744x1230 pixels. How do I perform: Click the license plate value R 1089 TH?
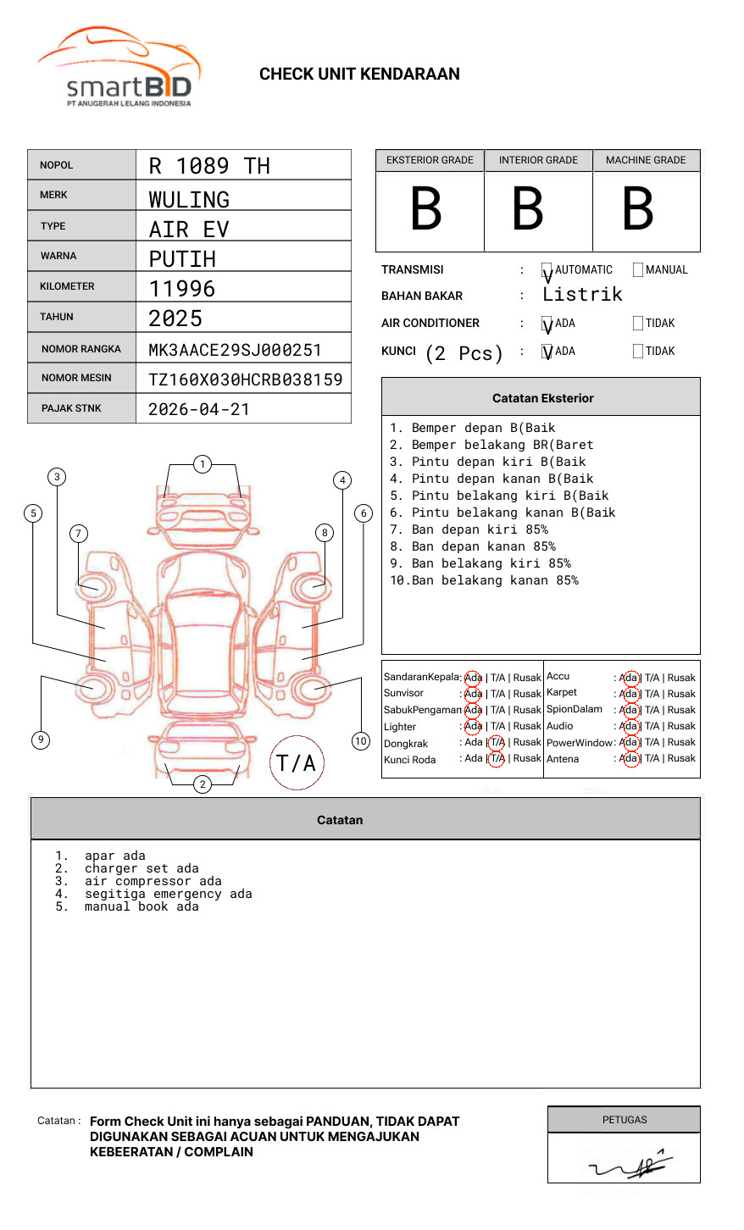[x=209, y=166]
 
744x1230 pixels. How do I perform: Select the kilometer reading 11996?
[x=182, y=289]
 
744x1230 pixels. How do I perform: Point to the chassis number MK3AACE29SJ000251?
[x=235, y=350]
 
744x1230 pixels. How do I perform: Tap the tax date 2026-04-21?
[x=199, y=409]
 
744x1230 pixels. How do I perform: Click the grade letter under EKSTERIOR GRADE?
[x=426, y=208]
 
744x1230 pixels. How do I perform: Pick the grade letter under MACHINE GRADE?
[x=638, y=208]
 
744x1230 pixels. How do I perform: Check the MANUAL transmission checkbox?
[x=638, y=270]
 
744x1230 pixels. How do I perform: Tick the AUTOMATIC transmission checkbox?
[x=547, y=270]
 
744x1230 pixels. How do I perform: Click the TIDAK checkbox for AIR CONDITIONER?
[x=638, y=324]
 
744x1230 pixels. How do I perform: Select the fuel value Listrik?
[x=582, y=295]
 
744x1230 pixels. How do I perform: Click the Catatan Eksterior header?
[x=542, y=398]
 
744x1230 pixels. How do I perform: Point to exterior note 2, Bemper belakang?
[x=491, y=445]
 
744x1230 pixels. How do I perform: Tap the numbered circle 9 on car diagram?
[x=41, y=740]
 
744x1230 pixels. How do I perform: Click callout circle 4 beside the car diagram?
[x=342, y=480]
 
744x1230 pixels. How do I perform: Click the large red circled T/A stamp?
[x=297, y=762]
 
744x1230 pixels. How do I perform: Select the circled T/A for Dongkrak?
[x=497, y=743]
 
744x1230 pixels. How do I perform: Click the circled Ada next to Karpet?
[x=629, y=694]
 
